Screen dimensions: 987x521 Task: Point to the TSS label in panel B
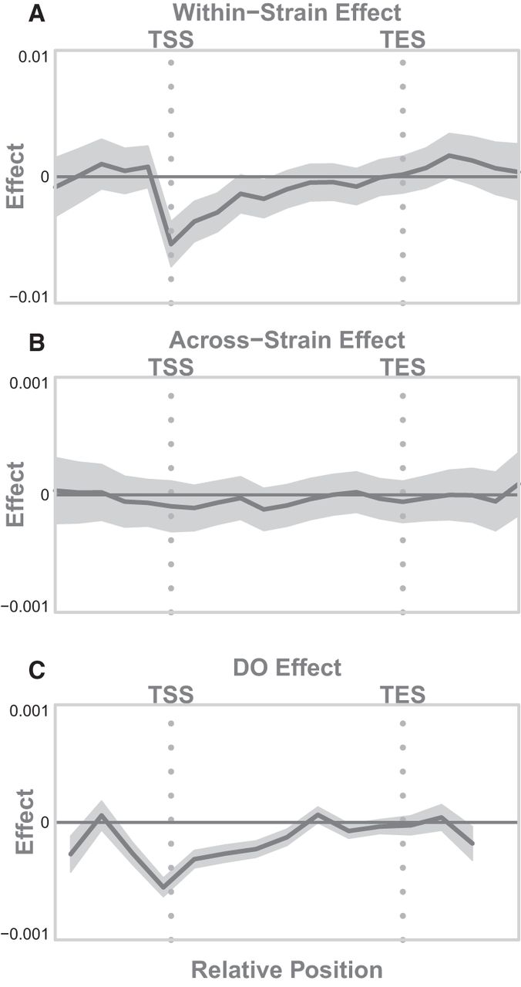(170, 366)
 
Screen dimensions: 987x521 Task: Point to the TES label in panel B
(403, 366)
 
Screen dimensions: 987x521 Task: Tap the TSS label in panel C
(170, 695)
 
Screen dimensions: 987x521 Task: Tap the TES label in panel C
(403, 695)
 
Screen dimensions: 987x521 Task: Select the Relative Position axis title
(287, 969)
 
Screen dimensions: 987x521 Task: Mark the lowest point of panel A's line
(171, 244)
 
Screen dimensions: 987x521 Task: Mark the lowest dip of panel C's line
(163, 887)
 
